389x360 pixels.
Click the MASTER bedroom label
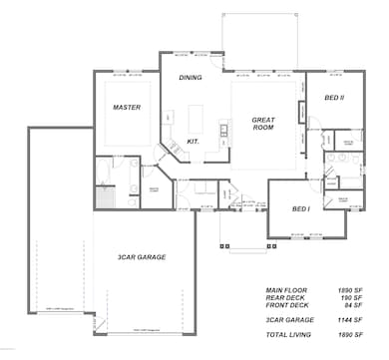coord(126,108)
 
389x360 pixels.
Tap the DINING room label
coord(191,77)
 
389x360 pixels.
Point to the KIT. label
coord(194,142)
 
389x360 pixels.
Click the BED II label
coord(334,98)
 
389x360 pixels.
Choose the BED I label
coord(300,208)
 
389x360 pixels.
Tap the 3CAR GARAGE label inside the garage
coord(141,257)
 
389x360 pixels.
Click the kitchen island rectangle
coord(195,119)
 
